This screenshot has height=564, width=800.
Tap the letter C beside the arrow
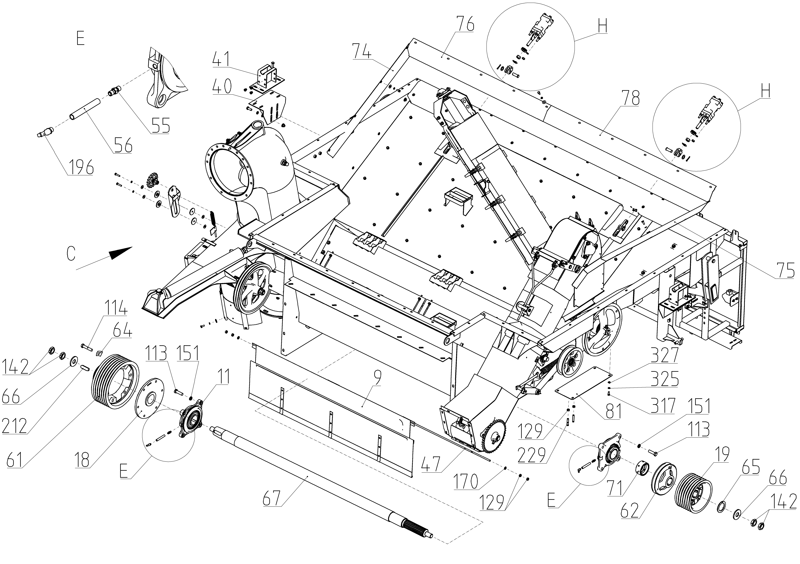pyautogui.click(x=71, y=254)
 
